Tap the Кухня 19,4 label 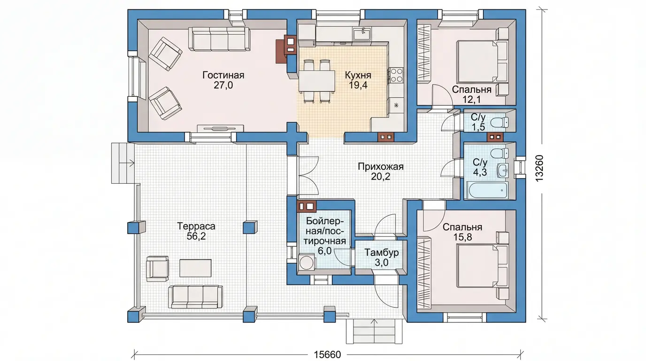358,80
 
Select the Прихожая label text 381,167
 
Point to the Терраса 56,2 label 196,231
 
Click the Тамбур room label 382,252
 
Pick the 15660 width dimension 327,354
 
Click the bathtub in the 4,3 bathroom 488,190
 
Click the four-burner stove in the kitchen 396,75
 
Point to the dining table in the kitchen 316,81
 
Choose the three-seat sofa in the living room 219,39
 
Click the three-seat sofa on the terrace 195,297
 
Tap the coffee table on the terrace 195,268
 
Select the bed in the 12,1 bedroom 482,62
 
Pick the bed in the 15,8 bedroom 482,266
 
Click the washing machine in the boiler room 306,262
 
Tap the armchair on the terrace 157,268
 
